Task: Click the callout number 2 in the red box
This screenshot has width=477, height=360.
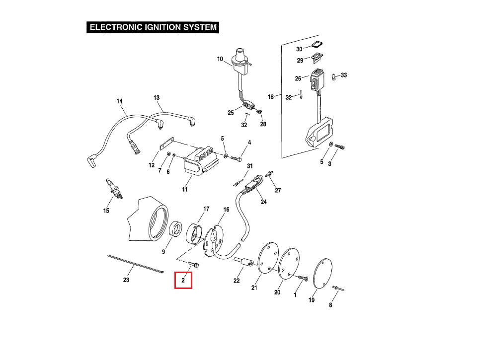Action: [183, 281]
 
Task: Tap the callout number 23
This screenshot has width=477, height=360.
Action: [126, 280]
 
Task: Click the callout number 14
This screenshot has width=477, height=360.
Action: [119, 101]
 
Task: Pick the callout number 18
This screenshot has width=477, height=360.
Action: [271, 97]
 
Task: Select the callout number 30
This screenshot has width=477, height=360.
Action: [299, 49]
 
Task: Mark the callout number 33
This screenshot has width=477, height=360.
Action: [344, 75]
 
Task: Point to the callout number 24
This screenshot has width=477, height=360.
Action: [263, 202]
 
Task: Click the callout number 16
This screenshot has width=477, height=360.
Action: [226, 210]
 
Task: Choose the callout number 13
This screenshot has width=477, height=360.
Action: [157, 97]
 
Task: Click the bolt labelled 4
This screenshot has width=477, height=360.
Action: [237, 159]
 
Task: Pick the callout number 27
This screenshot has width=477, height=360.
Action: [278, 190]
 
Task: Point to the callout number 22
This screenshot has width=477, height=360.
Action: [237, 281]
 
